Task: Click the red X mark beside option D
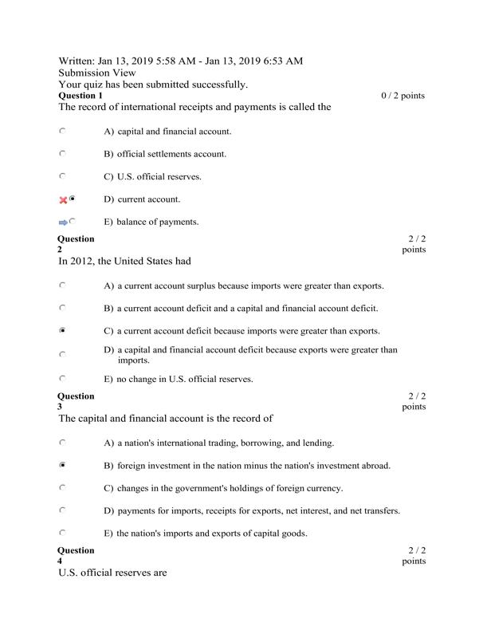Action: [63, 199]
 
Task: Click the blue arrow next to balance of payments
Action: [63, 222]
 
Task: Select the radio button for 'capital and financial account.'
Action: [62, 130]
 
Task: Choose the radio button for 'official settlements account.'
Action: [62, 153]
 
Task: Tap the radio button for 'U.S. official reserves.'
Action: [62, 175]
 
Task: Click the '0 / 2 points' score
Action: [403, 96]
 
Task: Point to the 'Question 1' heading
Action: [80, 96]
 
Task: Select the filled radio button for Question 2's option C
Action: [62, 329]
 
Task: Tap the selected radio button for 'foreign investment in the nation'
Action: [62, 464]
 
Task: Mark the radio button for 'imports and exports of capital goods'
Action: [62, 532]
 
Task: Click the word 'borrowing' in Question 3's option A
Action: [274, 443]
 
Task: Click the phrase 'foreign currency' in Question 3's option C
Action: [314, 488]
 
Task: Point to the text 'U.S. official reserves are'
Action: [112, 573]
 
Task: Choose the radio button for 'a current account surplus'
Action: [62, 284]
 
